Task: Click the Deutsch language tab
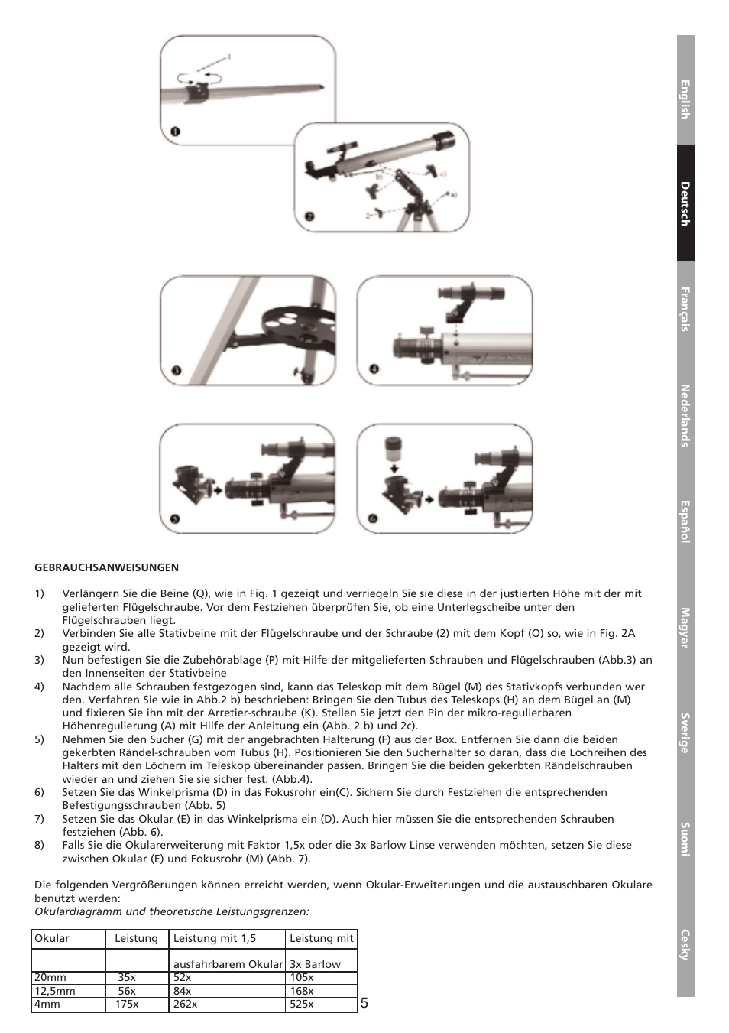685,203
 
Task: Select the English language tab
685,99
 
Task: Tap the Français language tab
685,309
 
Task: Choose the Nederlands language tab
685,415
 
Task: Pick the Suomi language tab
685,839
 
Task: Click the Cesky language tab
685,944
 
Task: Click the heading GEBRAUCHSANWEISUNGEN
106,567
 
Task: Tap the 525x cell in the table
301,1004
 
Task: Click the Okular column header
52,938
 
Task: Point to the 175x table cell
127,1004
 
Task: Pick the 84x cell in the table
182,991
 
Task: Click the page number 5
364,1003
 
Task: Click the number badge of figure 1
175,132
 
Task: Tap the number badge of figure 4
373,369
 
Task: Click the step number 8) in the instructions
40,845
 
